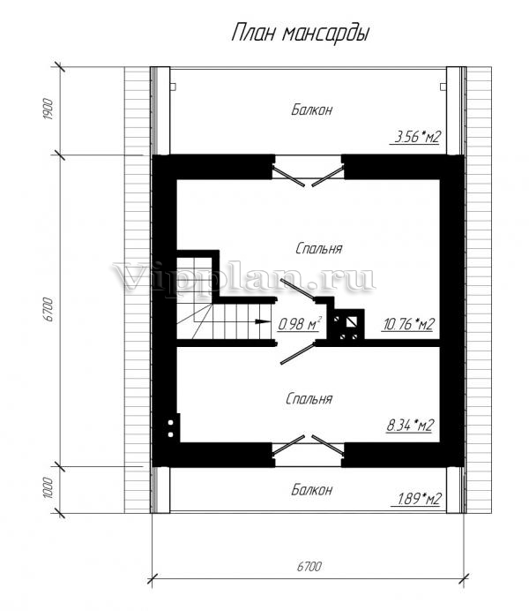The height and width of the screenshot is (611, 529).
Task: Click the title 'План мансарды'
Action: click(x=301, y=34)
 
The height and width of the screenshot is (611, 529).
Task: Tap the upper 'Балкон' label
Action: click(x=311, y=109)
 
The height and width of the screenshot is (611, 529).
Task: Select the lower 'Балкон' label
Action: click(x=311, y=489)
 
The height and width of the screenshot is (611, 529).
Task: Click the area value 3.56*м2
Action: click(x=417, y=137)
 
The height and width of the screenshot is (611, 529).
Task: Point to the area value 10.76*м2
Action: click(x=408, y=324)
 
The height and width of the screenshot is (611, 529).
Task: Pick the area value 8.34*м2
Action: click(x=410, y=425)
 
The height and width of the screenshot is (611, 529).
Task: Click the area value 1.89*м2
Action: click(x=419, y=498)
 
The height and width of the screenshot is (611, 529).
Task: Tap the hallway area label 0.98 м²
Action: click(x=300, y=323)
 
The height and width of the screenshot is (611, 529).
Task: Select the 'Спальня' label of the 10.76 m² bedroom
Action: click(x=318, y=248)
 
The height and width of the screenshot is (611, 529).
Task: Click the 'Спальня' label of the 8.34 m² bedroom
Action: click(x=309, y=398)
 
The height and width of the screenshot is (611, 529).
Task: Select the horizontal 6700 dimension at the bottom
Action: click(x=309, y=567)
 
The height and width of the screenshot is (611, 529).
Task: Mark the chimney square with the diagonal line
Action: click(x=352, y=322)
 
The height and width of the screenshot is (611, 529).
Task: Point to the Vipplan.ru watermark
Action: click(x=244, y=278)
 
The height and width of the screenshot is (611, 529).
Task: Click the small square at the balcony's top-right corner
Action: click(x=443, y=87)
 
